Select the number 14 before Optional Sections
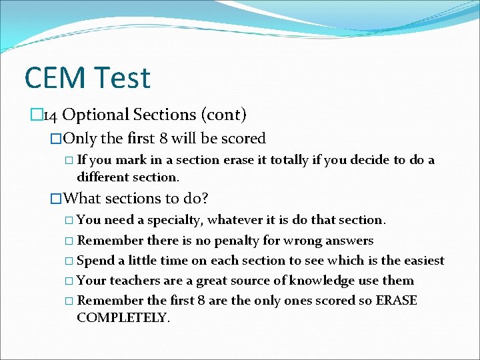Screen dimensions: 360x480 pos(51,115)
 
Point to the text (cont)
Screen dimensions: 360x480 pos(223,115)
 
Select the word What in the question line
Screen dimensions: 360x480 pos(82,198)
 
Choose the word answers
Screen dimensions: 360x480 pos(349,240)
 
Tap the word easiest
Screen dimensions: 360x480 pos(421,261)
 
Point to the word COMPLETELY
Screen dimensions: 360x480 pos(123,317)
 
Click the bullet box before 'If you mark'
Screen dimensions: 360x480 pos(71,161)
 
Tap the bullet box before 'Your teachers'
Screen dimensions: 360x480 pos(71,281)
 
